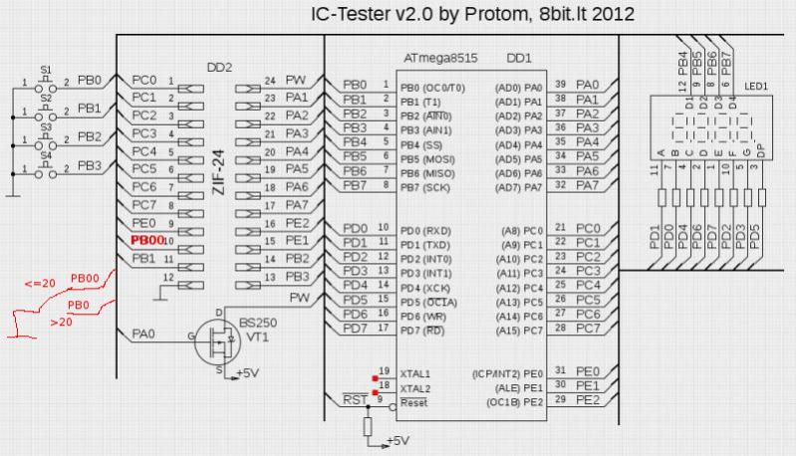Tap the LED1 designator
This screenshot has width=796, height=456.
click(x=756, y=88)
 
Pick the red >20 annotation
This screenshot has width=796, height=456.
click(x=61, y=321)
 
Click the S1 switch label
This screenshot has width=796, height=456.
click(x=45, y=68)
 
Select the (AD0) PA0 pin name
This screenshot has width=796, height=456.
click(x=519, y=88)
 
